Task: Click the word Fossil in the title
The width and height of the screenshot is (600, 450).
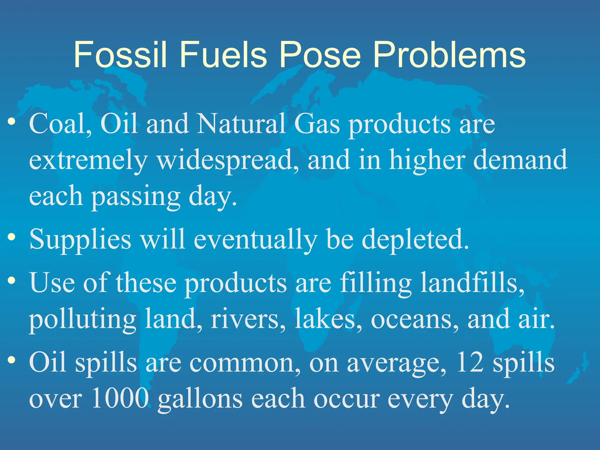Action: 120,55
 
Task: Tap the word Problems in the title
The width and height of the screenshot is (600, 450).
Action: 449,55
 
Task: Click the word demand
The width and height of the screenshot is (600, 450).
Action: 520,160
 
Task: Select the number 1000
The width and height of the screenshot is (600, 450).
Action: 120,398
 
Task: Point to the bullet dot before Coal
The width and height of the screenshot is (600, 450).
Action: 12,121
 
